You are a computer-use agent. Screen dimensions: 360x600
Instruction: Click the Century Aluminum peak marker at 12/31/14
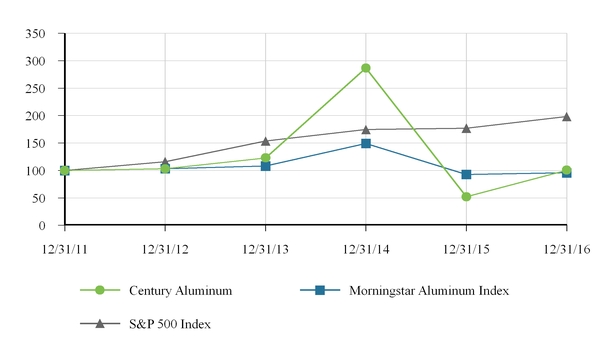click(x=366, y=68)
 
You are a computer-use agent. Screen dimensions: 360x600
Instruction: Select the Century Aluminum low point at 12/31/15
click(x=466, y=197)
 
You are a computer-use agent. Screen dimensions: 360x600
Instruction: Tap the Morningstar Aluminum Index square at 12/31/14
click(x=366, y=144)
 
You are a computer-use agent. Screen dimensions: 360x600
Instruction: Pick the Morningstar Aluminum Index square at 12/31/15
click(x=466, y=174)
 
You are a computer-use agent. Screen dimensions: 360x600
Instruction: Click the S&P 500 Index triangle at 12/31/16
click(x=567, y=117)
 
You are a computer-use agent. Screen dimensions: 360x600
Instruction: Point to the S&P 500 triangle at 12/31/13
click(x=265, y=141)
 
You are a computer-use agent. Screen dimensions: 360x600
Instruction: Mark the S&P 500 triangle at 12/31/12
click(x=165, y=162)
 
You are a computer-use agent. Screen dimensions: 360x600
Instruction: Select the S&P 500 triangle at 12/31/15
click(x=466, y=128)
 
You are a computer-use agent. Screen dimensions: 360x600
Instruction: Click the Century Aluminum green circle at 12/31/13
click(x=265, y=158)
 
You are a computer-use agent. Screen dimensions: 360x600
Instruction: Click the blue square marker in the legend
click(x=320, y=290)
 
